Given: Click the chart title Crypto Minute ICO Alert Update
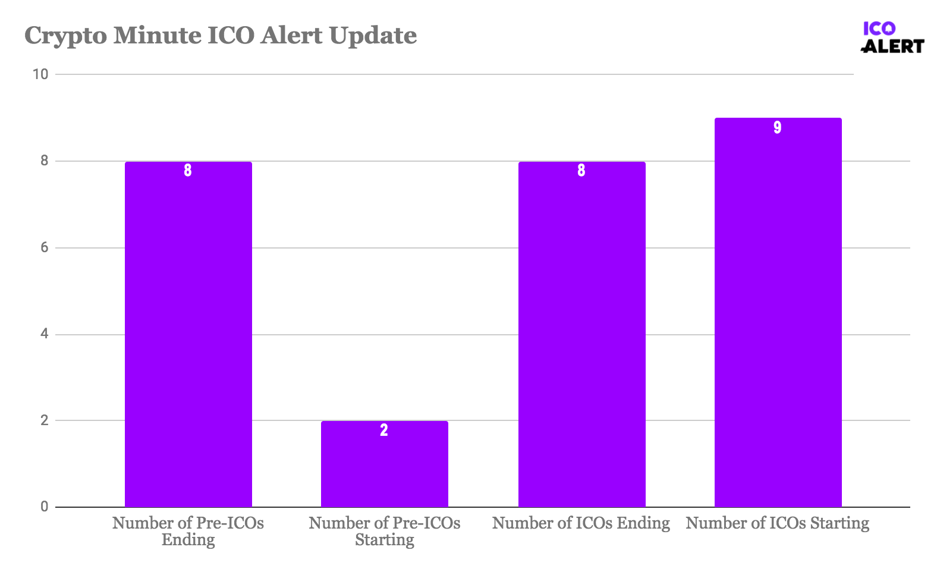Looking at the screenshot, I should (221, 36).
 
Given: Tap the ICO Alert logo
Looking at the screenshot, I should (892, 37).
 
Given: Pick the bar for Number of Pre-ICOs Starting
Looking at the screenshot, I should (384, 464).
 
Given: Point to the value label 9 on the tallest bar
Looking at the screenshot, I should (777, 128).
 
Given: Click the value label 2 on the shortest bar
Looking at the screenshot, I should (384, 430).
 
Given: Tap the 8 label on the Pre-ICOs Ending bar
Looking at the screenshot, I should (188, 171).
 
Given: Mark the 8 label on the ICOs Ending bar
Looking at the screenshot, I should (581, 171).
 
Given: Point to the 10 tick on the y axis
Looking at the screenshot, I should (40, 74).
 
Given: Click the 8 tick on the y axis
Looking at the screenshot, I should (44, 161).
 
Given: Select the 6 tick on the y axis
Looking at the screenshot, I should (44, 248).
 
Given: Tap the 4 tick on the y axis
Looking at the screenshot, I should (44, 334).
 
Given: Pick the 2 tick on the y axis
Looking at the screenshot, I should (44, 421).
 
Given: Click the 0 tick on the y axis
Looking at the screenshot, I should (44, 507).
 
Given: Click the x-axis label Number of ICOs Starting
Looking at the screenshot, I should (777, 523).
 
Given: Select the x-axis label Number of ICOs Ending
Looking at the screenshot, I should (581, 523).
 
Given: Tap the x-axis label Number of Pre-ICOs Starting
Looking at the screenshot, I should (384, 531).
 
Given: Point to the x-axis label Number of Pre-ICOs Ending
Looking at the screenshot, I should (188, 531).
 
